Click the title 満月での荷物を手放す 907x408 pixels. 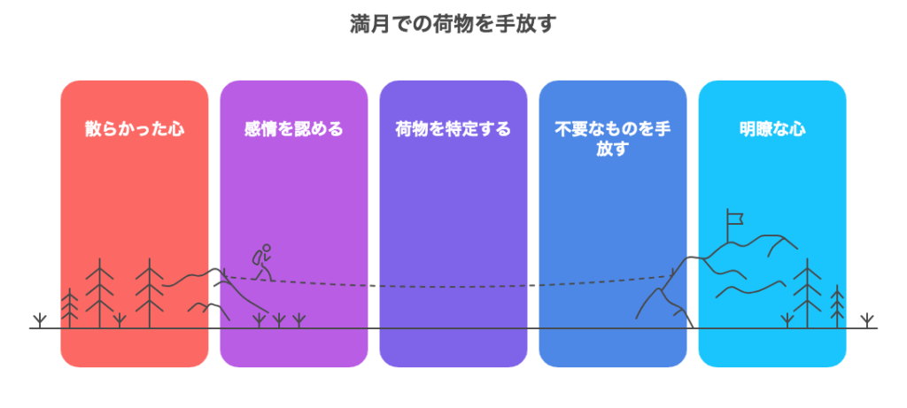click(x=453, y=24)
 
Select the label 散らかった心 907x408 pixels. click(x=135, y=128)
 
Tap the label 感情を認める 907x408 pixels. click(x=293, y=128)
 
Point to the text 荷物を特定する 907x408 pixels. click(x=453, y=128)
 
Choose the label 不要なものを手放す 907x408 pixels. click(x=613, y=138)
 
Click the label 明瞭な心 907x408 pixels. click(x=772, y=128)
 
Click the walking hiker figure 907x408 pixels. click(x=262, y=262)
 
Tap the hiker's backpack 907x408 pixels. click(x=256, y=258)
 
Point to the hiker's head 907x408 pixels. click(x=267, y=249)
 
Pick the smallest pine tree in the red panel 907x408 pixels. click(x=69, y=307)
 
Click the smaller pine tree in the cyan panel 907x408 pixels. click(x=837, y=306)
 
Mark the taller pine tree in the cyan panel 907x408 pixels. click(x=806, y=293)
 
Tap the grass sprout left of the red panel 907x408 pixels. click(x=39, y=320)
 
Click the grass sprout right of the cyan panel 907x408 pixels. click(x=866, y=320)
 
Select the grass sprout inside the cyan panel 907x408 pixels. click(x=787, y=320)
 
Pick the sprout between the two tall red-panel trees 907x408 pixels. click(x=120, y=320)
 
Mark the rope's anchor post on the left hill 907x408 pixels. click(x=223, y=272)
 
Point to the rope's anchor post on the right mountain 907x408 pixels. click(x=672, y=272)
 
